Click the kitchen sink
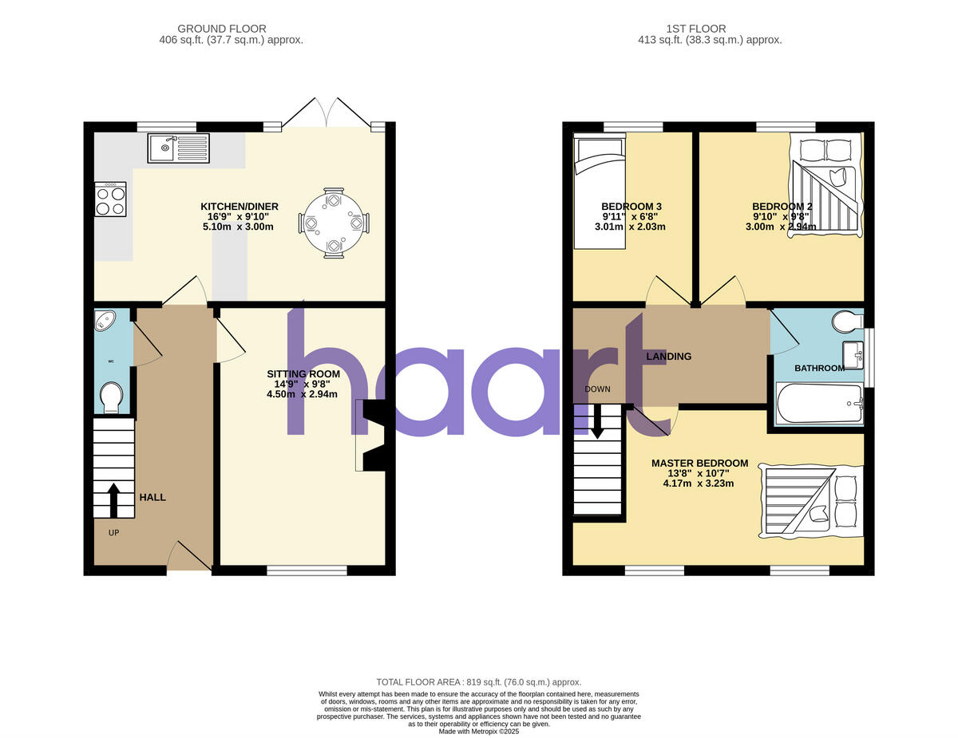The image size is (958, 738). (178, 148)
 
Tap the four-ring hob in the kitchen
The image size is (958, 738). (110, 199)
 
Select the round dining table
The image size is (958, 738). (333, 223)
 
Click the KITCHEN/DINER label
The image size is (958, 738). (239, 207)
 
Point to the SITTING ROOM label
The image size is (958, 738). (303, 373)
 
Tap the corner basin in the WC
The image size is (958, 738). (105, 321)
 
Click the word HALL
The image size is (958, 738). (152, 497)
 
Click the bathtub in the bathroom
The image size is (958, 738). (819, 403)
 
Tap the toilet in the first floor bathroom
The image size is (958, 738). (846, 322)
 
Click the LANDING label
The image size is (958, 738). (668, 357)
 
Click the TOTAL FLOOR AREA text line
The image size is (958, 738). (479, 682)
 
